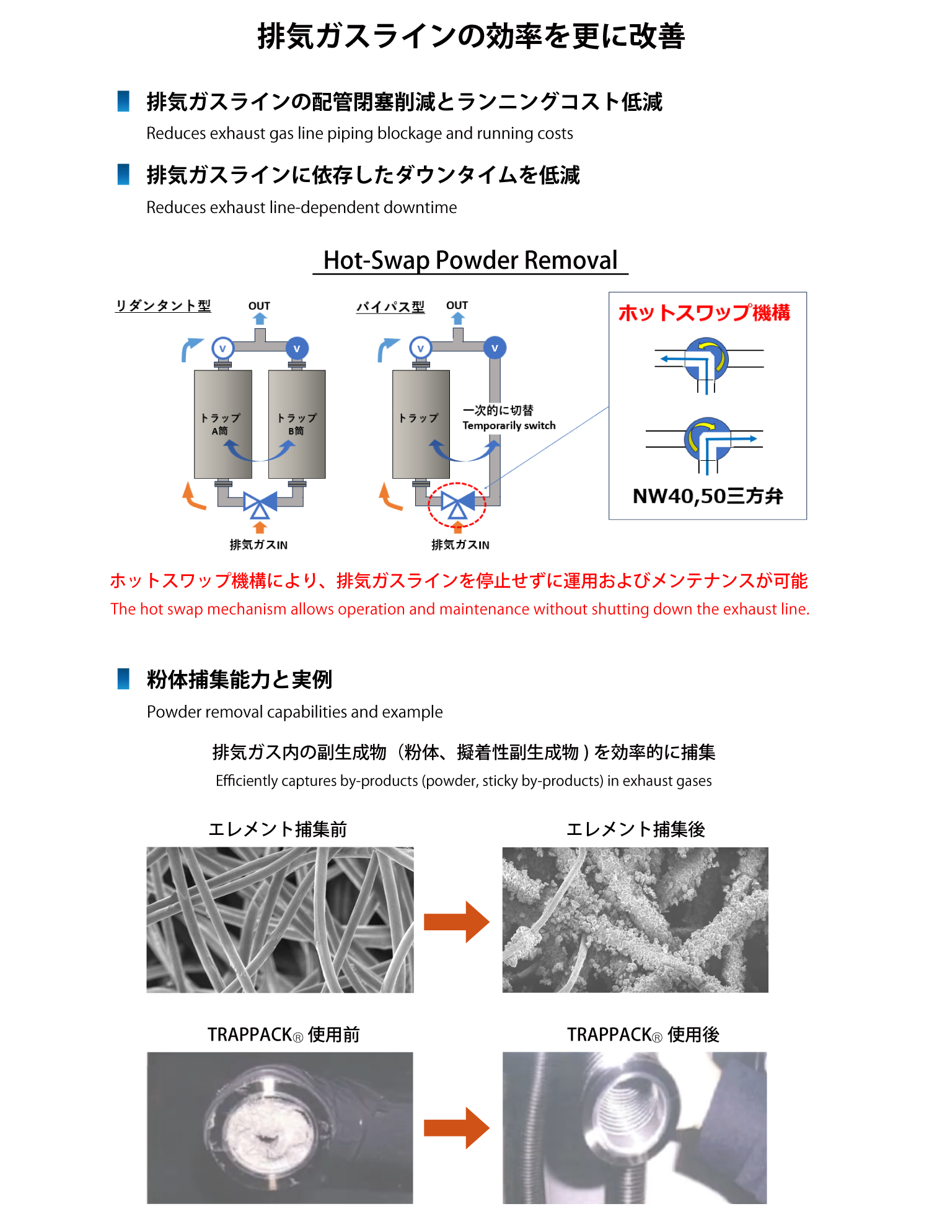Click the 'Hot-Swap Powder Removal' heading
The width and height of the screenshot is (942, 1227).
coord(470,260)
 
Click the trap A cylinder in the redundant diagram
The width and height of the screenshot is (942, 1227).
coord(223,424)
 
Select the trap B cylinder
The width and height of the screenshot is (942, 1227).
coord(297,424)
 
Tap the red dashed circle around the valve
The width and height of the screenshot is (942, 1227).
coord(457,505)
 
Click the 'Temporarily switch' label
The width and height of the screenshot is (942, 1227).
coord(509,426)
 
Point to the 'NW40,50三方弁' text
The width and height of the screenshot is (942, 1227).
coord(708,496)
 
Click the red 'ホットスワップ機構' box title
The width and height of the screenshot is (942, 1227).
coord(704,313)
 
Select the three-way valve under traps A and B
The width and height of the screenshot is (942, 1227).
coord(260,504)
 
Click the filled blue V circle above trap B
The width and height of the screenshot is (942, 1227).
coord(297,349)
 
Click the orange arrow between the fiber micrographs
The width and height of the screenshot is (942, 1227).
coord(457,922)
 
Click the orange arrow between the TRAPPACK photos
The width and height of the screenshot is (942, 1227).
coord(457,1128)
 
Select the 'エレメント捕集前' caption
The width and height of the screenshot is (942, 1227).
coord(278,829)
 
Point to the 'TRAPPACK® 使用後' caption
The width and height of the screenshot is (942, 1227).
coord(643,1035)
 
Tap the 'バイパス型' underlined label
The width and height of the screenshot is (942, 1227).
coord(390,307)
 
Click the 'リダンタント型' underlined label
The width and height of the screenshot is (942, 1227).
coord(163,306)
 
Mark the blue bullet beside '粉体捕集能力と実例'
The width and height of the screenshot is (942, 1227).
coord(123,679)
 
